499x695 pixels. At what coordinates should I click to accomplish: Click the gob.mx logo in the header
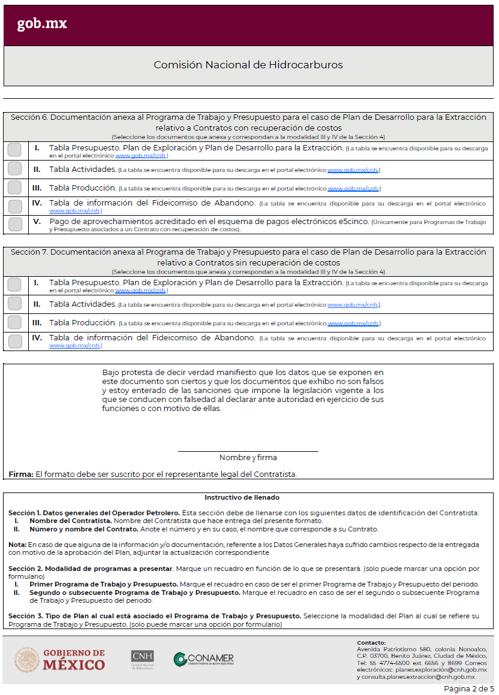[42, 24]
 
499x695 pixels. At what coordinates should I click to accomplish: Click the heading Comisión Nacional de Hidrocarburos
[248, 65]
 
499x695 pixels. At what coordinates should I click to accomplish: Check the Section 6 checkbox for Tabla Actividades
[14, 169]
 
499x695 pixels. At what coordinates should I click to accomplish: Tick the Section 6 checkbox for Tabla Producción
[14, 188]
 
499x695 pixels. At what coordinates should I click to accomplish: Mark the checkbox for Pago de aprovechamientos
[14, 224]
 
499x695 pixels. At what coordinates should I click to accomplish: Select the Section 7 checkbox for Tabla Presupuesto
[14, 285]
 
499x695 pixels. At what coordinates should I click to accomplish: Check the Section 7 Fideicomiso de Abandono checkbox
[14, 341]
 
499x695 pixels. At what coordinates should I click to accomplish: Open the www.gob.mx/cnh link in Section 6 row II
[353, 171]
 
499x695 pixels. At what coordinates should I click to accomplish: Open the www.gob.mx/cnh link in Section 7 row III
[353, 324]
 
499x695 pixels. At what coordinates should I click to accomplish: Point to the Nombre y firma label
[248, 458]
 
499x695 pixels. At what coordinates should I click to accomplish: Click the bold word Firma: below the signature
[20, 474]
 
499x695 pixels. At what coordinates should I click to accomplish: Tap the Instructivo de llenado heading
[242, 497]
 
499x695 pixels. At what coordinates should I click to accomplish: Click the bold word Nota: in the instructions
[17, 545]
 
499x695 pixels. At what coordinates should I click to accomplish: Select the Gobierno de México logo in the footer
[59, 659]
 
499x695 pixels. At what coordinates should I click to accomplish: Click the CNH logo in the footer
[142, 659]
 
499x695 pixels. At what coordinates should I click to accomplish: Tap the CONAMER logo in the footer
[204, 659]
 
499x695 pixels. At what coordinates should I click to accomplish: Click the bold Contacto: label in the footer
[371, 642]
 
